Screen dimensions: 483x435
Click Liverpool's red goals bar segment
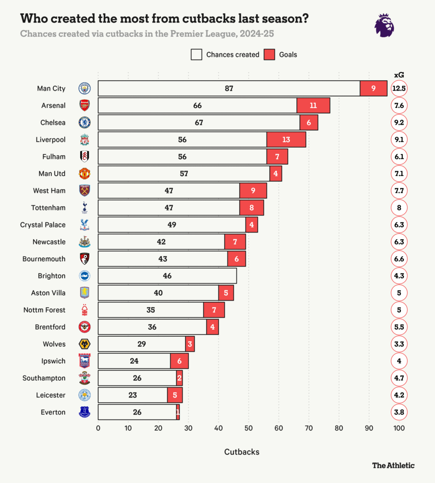coord(286,140)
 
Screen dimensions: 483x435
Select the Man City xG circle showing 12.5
coord(399,88)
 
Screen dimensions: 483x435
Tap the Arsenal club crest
coord(84,105)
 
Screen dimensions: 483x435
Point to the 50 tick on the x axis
coord(248,428)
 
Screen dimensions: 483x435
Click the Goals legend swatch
coord(269,55)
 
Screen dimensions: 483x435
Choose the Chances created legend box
coord(197,55)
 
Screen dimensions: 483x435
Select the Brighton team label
coord(51,276)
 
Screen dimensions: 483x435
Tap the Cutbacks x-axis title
coord(242,452)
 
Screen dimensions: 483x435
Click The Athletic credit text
coord(393,465)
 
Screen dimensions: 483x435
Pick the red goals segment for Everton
coord(178,412)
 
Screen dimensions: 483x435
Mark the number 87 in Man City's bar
coord(229,88)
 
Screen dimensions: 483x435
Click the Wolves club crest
coord(84,344)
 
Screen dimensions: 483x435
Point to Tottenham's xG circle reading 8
coord(399,208)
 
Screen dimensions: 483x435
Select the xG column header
coord(399,75)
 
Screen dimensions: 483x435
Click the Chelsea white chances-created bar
coord(199,123)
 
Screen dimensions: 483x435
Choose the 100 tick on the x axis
coord(399,428)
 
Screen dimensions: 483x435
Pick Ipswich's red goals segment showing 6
coord(179,361)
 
